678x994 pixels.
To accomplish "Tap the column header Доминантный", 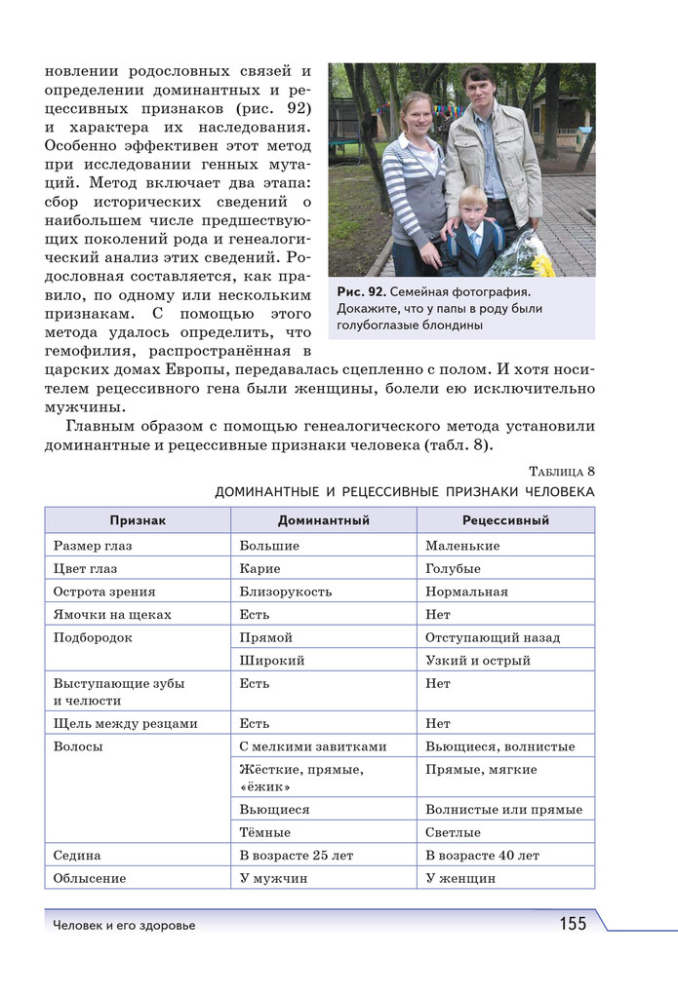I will pos(323,520).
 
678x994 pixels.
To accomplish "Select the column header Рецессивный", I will pos(505,520).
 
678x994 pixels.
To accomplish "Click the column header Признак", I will pos(138,520).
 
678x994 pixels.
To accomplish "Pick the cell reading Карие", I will pos(259,568).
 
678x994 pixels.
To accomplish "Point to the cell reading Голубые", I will pos(453,568).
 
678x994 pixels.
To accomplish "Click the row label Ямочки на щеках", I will pos(112,614).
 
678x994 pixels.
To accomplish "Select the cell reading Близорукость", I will pos(286,592).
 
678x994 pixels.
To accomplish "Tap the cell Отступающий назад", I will pos(493,637).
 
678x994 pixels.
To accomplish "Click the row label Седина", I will pos(78,855).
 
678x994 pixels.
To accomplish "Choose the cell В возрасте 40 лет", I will pos(482,855).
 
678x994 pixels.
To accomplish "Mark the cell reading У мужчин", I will pos(273,878).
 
